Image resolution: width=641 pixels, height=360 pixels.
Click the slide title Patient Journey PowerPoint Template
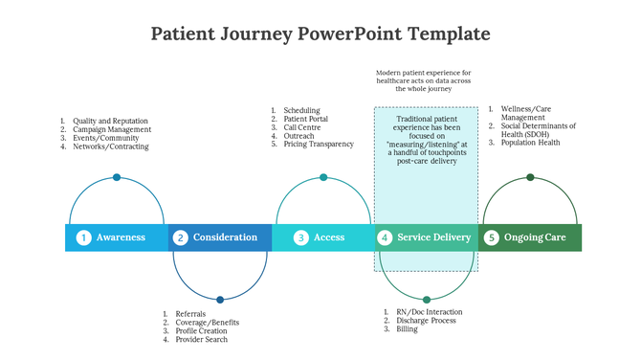point(320,34)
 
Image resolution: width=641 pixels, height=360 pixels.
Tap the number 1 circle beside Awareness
point(84,237)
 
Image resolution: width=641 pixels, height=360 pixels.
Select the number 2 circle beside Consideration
point(180,237)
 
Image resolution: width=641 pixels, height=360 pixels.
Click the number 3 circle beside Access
point(300,237)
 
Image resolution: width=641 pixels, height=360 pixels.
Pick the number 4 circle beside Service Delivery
point(385,237)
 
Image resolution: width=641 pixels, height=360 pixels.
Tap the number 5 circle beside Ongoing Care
point(491,237)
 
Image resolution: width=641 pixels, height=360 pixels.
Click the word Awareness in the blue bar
point(121,237)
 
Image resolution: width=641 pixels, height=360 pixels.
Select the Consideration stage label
point(225,237)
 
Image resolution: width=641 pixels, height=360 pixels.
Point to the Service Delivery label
point(434,237)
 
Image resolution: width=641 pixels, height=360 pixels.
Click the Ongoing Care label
point(535,237)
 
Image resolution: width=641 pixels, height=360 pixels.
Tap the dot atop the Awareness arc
point(117,177)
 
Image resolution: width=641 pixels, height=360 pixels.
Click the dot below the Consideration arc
point(220,300)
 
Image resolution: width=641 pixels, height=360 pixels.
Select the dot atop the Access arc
point(323,177)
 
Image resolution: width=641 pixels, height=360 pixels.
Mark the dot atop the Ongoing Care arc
point(530,177)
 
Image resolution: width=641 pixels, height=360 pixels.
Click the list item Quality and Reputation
point(110,121)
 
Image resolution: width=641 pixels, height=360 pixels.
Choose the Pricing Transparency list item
point(319,144)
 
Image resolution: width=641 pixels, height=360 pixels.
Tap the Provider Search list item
point(201,339)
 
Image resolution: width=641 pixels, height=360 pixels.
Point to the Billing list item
point(408,328)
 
